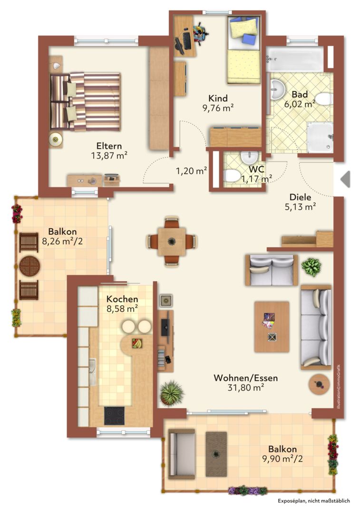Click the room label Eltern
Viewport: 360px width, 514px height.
pyautogui.click(x=109, y=146)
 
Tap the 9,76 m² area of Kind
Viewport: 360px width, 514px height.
pyautogui.click(x=218, y=108)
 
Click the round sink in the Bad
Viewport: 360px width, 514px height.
pyautogui.click(x=277, y=89)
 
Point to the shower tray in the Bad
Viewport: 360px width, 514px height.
pyautogui.click(x=320, y=138)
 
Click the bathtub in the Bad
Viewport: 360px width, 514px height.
pyautogui.click(x=295, y=59)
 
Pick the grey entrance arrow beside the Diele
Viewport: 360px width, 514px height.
pyautogui.click(x=345, y=179)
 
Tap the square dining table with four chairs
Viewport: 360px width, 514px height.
pyautogui.click(x=172, y=242)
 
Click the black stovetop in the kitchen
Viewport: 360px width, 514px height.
pyautogui.click(x=114, y=415)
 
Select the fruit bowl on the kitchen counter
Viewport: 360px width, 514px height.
pyautogui.click(x=137, y=343)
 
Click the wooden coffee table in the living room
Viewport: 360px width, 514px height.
pyautogui.click(x=272, y=327)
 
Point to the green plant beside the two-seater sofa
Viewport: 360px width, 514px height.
pyautogui.click(x=311, y=267)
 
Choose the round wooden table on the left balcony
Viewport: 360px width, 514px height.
pyautogui.click(x=29, y=266)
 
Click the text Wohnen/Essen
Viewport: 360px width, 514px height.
pyautogui.click(x=246, y=378)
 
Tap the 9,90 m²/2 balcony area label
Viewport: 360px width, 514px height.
pyautogui.click(x=282, y=459)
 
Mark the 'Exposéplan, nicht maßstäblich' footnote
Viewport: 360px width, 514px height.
pyautogui.click(x=314, y=501)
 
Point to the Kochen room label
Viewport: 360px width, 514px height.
pyautogui.click(x=122, y=299)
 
